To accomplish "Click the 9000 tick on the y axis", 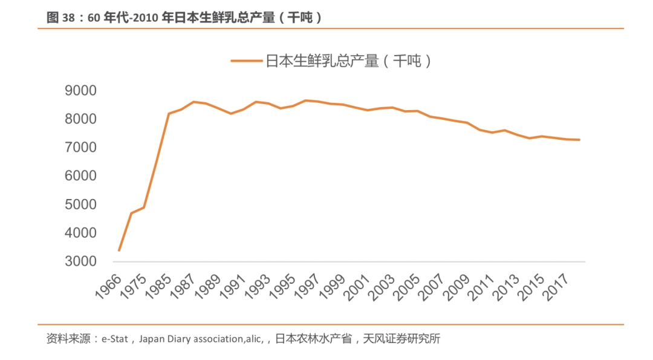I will click(x=80, y=91).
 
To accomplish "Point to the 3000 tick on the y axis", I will click(x=80, y=261).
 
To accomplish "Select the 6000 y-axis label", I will click(x=80, y=176).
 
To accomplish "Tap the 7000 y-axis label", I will click(x=80, y=148).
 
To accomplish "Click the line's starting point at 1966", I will click(x=119, y=250).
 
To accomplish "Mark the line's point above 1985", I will click(x=169, y=114).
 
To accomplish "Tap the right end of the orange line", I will click(x=579, y=140).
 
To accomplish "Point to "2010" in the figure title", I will click(x=149, y=18).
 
